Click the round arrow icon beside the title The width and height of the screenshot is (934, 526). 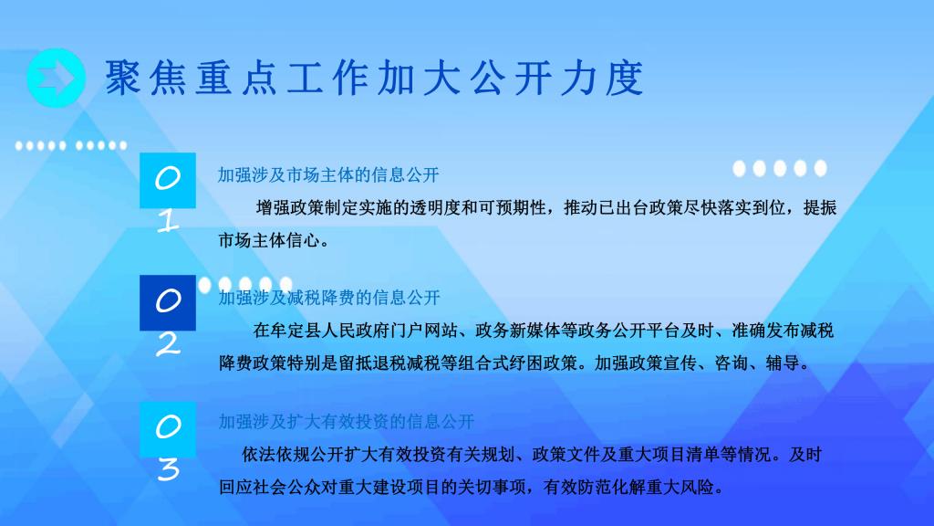point(56,79)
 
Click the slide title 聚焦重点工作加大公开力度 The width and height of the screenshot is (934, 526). point(375,79)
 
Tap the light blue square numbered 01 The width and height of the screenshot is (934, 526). point(168,180)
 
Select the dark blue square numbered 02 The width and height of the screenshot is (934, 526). point(168,302)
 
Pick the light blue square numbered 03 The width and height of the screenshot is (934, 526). point(168,429)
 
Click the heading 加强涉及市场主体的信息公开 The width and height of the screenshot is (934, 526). point(328,174)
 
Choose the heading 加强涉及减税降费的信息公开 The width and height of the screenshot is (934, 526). point(329,298)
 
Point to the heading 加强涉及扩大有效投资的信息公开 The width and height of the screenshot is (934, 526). point(346,422)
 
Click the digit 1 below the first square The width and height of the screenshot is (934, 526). point(168,221)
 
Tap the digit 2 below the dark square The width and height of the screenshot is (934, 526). point(168,344)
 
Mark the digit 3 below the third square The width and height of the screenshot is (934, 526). point(169,469)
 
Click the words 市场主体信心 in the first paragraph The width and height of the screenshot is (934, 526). point(269,240)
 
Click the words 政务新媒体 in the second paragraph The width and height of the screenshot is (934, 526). point(518,331)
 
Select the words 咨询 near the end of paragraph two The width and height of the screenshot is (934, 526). point(731,363)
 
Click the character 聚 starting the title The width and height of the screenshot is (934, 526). point(123,79)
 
